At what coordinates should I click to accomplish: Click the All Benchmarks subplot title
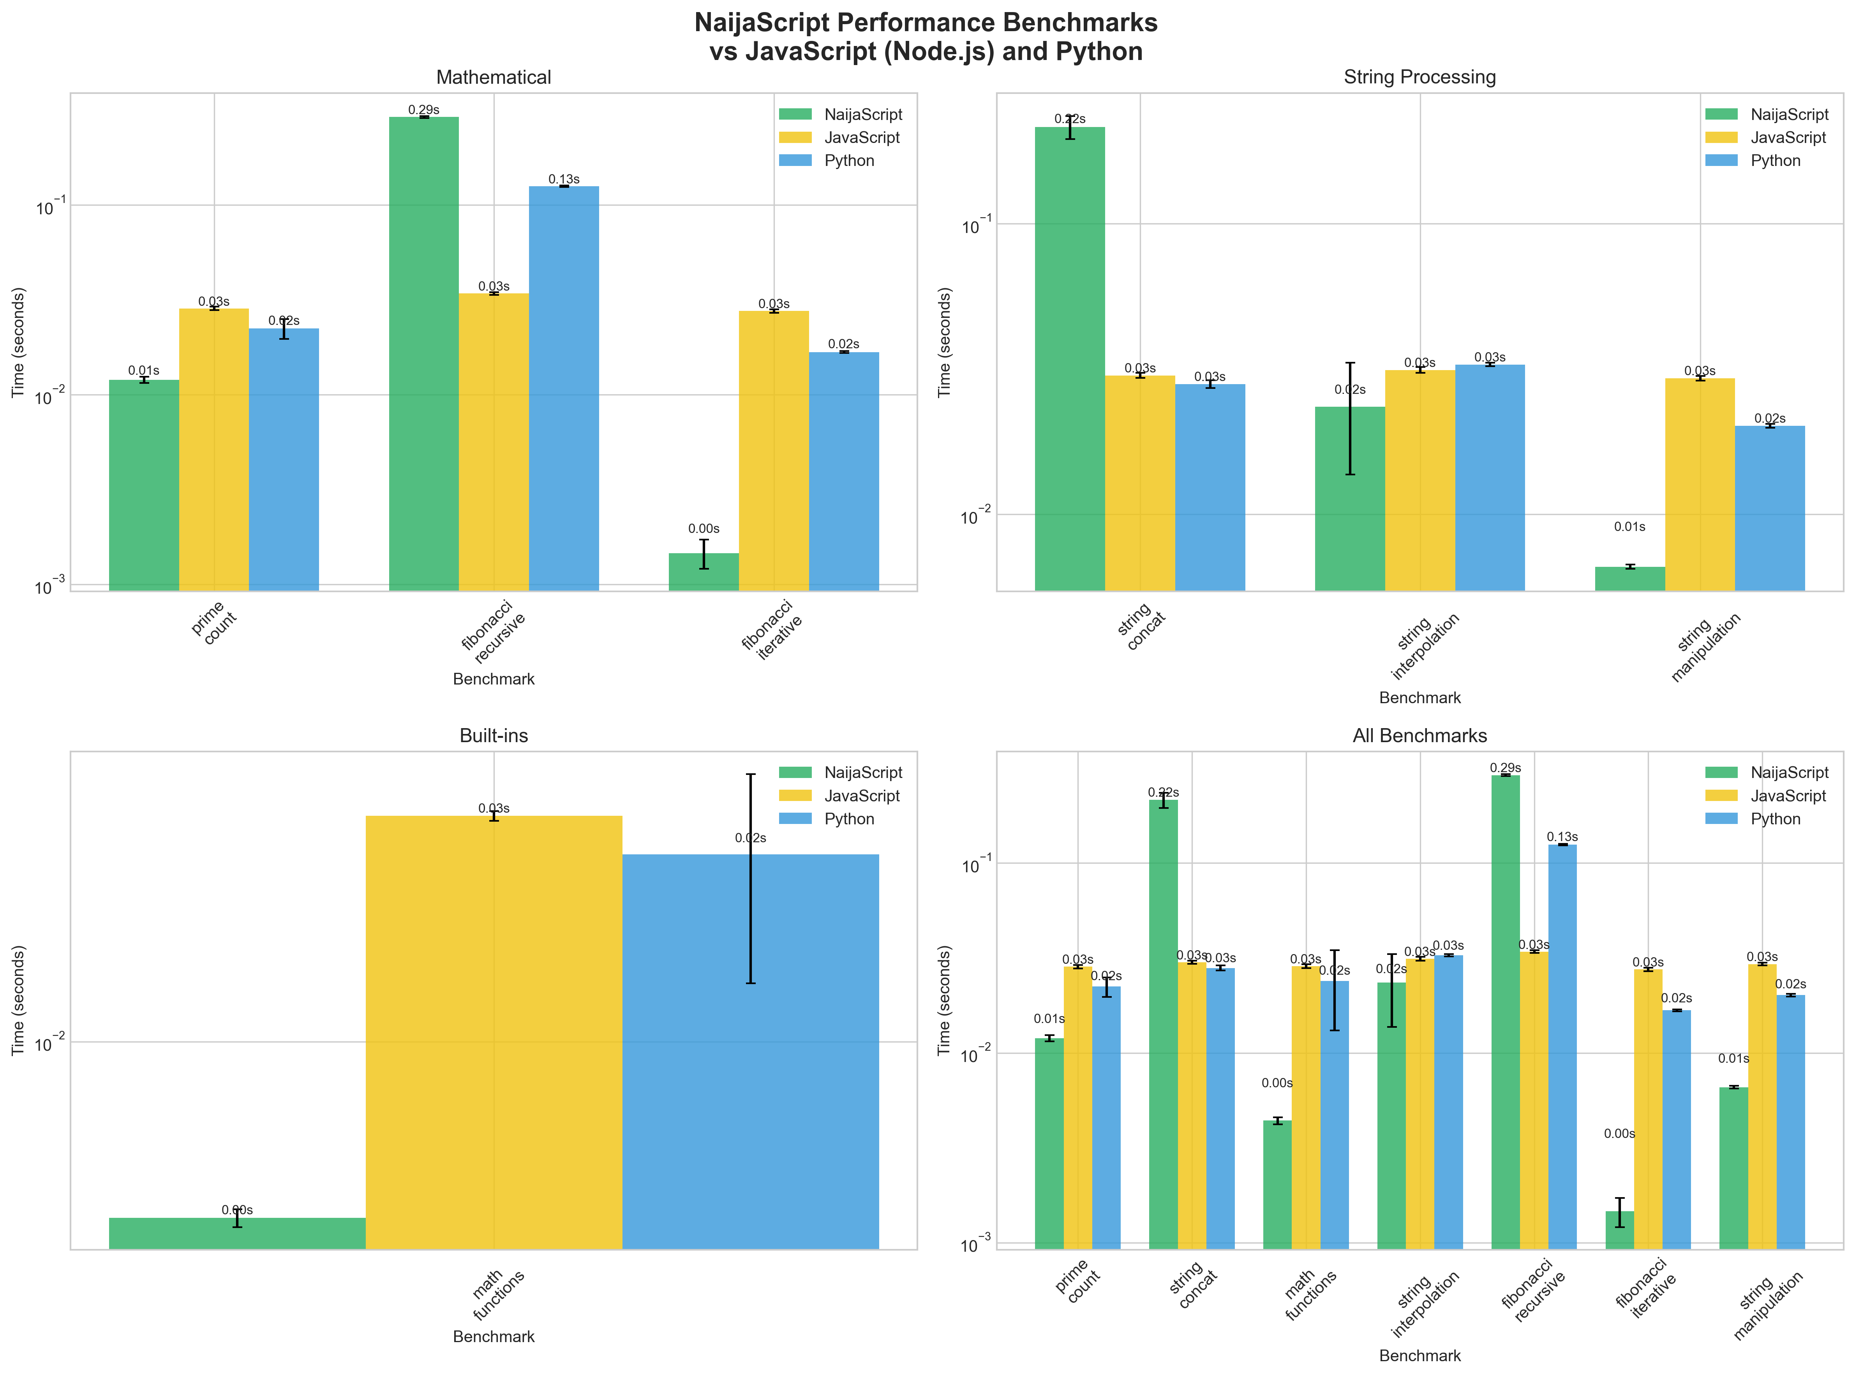click(x=1419, y=736)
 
